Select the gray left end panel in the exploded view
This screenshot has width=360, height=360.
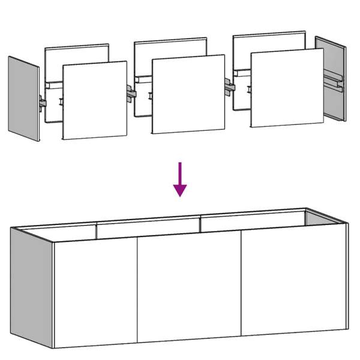(x=23, y=99)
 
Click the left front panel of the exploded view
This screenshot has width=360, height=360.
(x=95, y=100)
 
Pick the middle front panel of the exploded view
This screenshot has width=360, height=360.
(x=188, y=94)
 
